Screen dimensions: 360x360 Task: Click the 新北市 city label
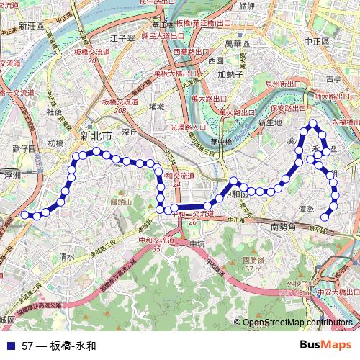pyautogui.click(x=96, y=135)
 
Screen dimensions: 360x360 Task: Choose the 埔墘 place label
pyautogui.click(x=157, y=106)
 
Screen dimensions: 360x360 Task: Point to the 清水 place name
pyautogui.click(x=68, y=256)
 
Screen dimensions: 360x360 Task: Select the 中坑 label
pyautogui.click(x=197, y=243)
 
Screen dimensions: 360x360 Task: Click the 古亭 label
pyautogui.click(x=333, y=78)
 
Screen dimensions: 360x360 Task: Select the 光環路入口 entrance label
pyautogui.click(x=188, y=127)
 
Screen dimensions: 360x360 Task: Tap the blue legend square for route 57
pyautogui.click(x=8, y=346)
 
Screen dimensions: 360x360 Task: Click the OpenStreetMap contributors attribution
pyautogui.click(x=297, y=323)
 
